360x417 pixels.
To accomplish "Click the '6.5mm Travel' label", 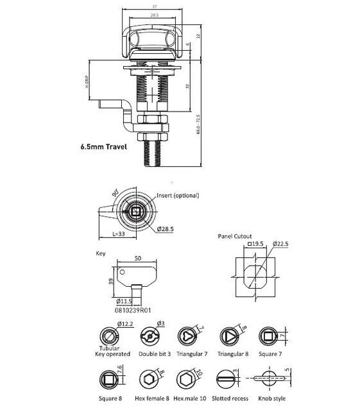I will [104, 146].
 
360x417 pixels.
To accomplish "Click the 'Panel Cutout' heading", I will [235, 236].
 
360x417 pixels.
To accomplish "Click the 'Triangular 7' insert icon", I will [186, 337].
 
